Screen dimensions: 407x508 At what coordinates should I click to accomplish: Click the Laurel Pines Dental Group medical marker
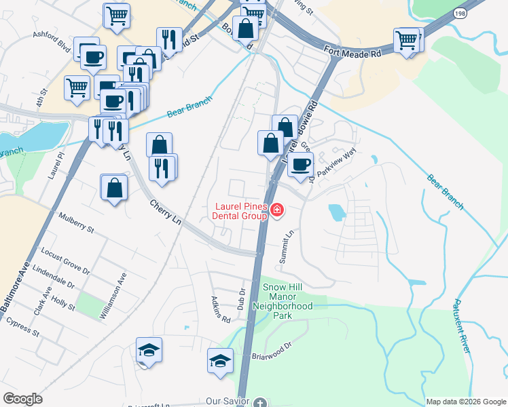tap(276, 210)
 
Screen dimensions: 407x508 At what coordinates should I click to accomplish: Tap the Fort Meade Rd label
tap(354, 50)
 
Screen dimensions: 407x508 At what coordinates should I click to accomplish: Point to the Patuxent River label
tap(462, 326)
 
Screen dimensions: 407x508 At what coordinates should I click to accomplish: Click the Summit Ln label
tap(286, 247)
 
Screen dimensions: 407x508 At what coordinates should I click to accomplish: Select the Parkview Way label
tap(337, 163)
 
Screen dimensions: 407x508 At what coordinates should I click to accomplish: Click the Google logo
tap(22, 399)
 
